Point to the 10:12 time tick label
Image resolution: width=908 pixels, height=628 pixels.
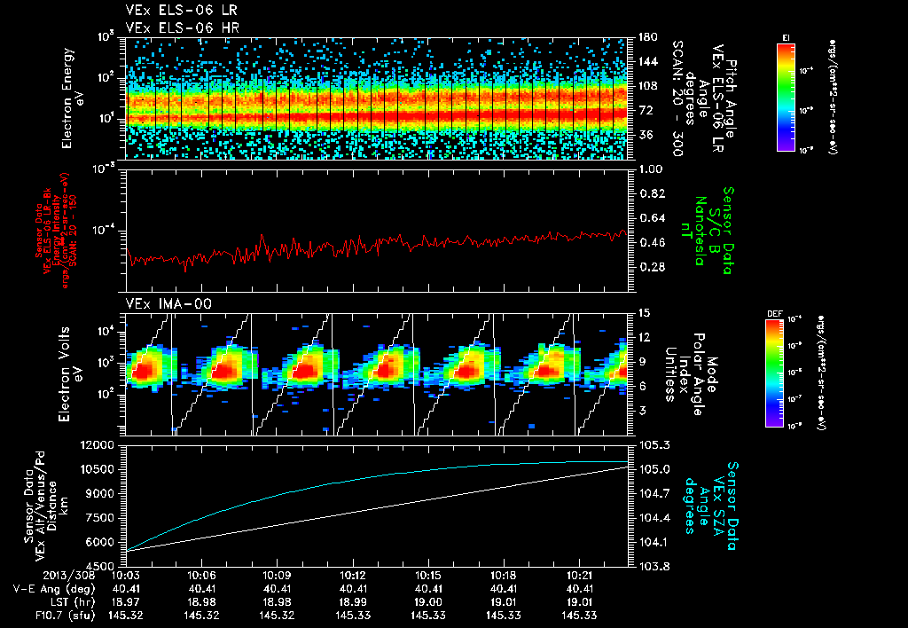pyautogui.click(x=354, y=576)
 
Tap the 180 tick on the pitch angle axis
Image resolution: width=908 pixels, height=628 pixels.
pyautogui.click(x=646, y=37)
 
